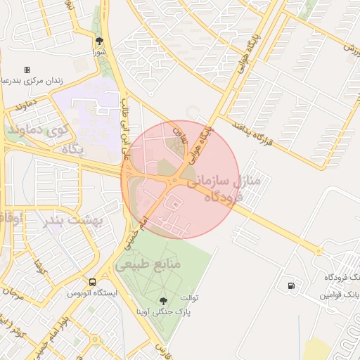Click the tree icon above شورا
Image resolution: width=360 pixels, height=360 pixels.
[x=99, y=41]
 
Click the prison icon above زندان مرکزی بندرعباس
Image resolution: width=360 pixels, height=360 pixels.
[x=27, y=70]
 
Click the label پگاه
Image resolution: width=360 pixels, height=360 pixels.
[x=72, y=149]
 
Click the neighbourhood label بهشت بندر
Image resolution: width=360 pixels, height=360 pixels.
[x=74, y=220]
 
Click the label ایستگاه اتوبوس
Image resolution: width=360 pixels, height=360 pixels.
[x=90, y=293]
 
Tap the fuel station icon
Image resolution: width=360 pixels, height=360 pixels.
[x=290, y=286]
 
